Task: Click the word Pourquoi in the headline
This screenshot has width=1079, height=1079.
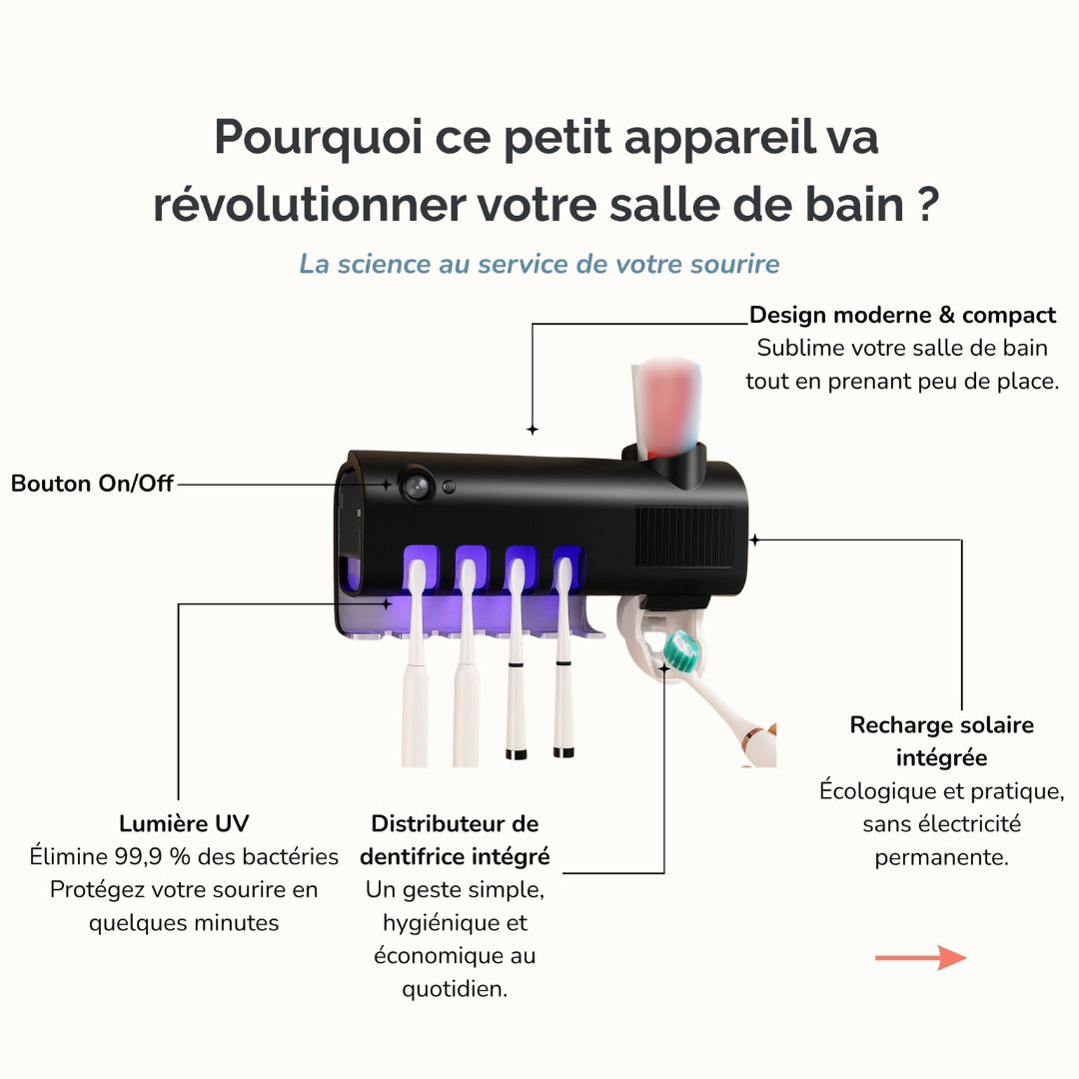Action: (318, 138)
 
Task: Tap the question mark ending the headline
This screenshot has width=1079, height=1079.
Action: (928, 204)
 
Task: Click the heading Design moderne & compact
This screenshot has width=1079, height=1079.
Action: (902, 315)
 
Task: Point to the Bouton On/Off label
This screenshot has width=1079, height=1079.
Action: (92, 484)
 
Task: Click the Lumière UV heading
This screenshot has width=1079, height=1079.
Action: (184, 823)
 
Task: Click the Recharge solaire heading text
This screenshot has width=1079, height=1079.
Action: (941, 724)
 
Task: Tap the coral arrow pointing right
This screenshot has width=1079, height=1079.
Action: (921, 957)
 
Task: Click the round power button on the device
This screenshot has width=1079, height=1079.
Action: (418, 486)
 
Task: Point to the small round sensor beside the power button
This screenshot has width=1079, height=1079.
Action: (450, 488)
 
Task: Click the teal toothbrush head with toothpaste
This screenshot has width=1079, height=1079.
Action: (683, 651)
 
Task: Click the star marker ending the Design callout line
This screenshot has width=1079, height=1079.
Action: (532, 430)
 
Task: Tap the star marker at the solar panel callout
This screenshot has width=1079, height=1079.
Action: (755, 540)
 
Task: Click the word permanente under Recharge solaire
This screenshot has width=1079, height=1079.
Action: (941, 857)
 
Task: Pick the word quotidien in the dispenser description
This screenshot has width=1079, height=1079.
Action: (455, 989)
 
